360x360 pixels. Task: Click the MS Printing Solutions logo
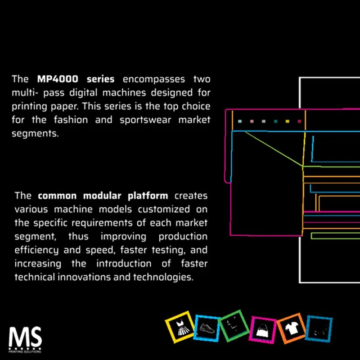(x=25, y=340)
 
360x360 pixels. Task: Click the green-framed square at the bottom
(x=234, y=325)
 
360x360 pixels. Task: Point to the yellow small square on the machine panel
(x=287, y=121)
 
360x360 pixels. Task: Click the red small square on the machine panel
(x=299, y=121)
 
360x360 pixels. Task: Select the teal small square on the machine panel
(x=240, y=121)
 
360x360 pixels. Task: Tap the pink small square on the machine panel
(x=252, y=121)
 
